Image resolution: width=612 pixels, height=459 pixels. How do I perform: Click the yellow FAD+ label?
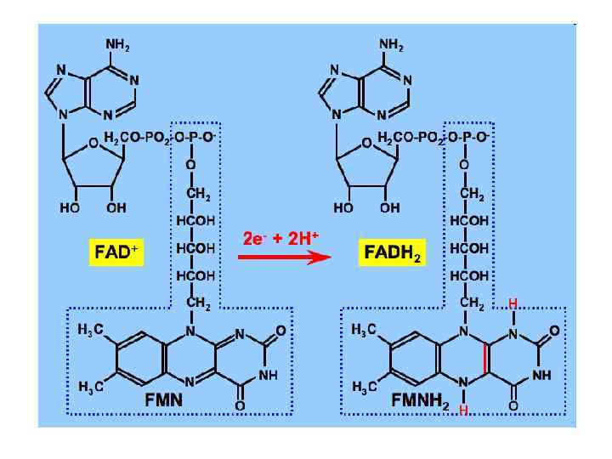tap(114, 252)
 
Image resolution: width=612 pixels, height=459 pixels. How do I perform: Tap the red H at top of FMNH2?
tap(512, 303)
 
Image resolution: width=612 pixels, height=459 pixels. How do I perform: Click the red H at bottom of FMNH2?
tap(464, 410)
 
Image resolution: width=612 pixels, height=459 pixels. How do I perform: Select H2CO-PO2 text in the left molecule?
tap(136, 138)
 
